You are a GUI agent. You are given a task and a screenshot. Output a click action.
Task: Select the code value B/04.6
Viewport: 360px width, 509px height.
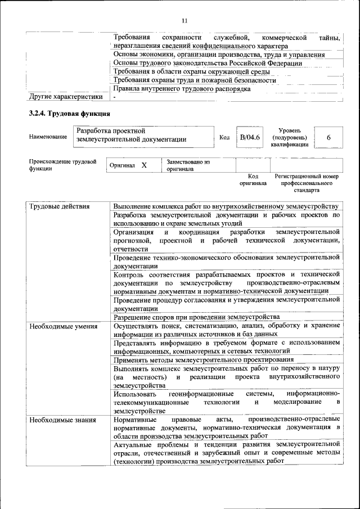249,137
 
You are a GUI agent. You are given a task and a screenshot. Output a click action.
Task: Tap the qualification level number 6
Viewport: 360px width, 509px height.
328,138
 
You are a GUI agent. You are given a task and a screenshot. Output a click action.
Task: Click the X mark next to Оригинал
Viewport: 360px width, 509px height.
144,165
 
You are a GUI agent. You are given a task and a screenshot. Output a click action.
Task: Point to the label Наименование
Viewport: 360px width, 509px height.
48,137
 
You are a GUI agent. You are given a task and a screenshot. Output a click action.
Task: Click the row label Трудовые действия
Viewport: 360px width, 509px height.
60,206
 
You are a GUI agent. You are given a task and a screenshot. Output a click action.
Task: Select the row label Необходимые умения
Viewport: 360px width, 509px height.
64,326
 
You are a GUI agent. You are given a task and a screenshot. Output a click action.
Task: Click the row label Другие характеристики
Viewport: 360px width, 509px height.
66,97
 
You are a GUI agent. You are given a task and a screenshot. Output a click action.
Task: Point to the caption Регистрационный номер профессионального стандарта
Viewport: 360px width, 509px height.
307,183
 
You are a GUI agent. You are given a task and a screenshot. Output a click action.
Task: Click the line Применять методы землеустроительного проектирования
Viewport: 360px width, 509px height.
203,359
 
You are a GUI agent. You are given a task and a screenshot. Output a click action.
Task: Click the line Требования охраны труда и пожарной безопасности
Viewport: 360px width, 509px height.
195,80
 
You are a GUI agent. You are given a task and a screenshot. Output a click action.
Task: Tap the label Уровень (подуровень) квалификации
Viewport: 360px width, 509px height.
289,137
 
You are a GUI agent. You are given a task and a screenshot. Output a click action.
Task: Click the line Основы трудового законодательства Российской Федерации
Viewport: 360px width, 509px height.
208,63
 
